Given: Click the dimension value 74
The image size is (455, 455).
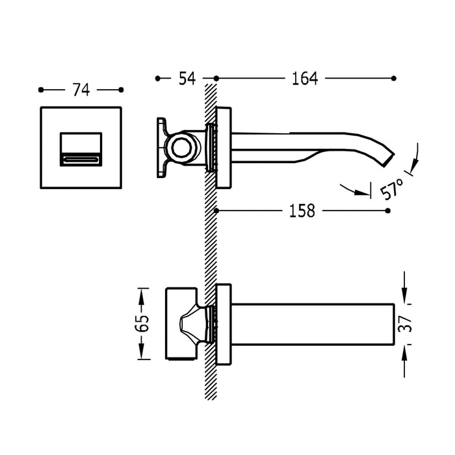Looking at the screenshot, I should (x=81, y=90).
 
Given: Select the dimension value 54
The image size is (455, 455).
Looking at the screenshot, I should (x=187, y=79).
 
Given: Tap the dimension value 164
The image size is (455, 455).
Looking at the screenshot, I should (x=304, y=79).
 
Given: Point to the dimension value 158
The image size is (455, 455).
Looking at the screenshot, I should (x=302, y=211).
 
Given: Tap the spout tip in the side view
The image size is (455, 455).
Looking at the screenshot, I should (x=389, y=158).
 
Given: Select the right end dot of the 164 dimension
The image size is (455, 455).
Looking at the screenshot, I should (x=393, y=79).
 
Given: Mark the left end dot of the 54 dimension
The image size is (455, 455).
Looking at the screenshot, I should (x=157, y=79).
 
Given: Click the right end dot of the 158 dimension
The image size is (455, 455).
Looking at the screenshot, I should (x=388, y=211).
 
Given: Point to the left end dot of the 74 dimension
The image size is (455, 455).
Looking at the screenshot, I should (x=40, y=90).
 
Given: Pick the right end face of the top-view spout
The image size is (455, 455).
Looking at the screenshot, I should (x=395, y=323).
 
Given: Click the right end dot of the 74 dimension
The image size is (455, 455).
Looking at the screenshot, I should (x=122, y=90).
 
